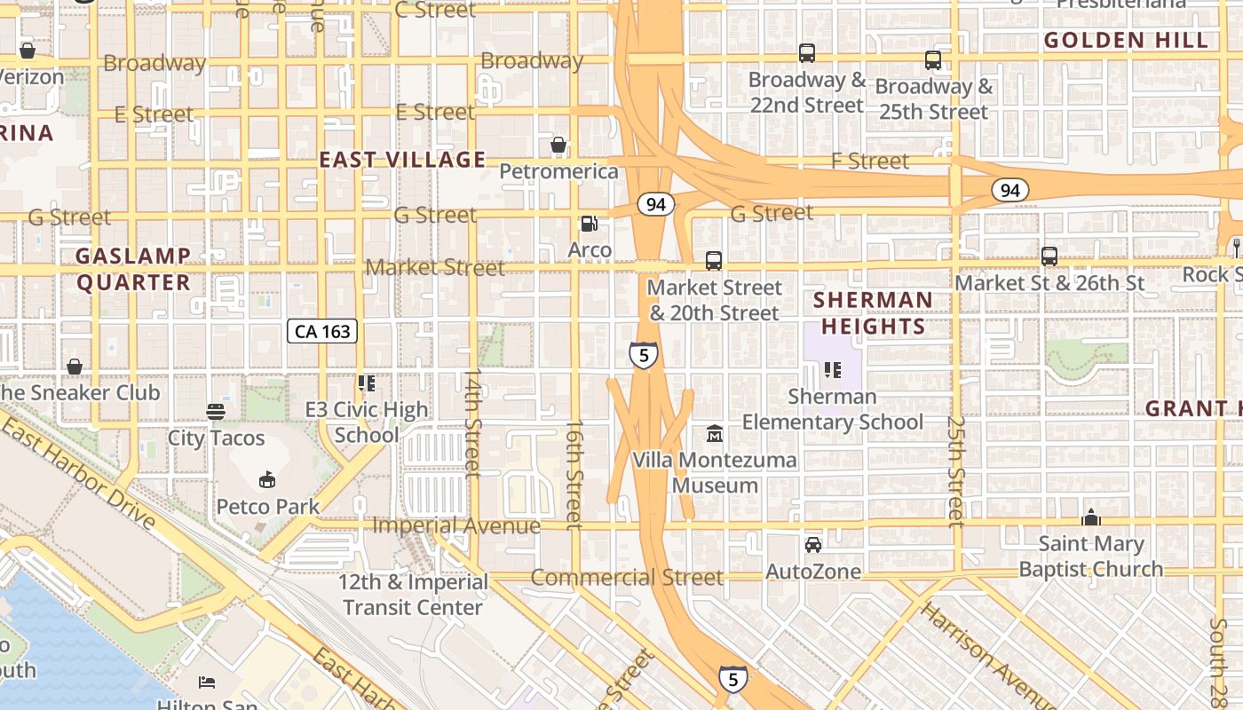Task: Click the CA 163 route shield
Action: [322, 332]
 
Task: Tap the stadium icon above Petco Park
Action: [267, 480]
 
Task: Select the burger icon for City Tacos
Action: [216, 411]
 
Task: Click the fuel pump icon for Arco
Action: [589, 224]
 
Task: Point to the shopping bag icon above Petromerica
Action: [558, 144]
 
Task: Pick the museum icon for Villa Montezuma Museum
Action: [715, 434]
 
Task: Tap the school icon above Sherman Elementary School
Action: [832, 369]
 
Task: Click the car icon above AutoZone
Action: [812, 545]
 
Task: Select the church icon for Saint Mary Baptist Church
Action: [1090, 517]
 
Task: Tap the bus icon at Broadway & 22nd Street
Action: [806, 53]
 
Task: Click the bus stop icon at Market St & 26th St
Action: [1049, 256]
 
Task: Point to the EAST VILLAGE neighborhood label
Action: [402, 160]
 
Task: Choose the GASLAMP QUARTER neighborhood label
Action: [133, 269]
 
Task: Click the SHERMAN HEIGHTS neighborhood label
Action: [873, 313]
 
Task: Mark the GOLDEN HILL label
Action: [1126, 40]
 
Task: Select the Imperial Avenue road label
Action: [456, 525]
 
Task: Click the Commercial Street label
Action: [627, 577]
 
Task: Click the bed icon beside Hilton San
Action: [206, 682]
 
